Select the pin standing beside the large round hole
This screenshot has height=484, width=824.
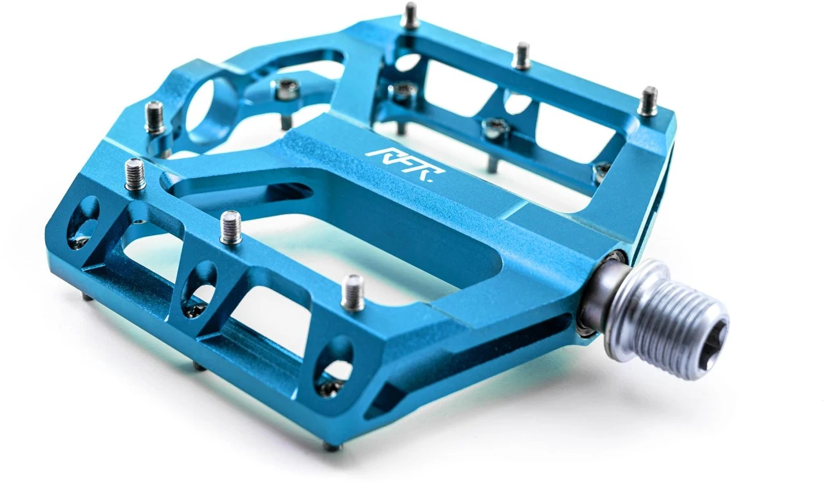(154, 117)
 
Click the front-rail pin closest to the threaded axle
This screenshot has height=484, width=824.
(353, 292)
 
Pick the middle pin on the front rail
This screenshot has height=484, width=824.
(231, 228)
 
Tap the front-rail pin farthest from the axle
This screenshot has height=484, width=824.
(135, 174)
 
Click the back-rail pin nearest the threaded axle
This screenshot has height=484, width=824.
(648, 101)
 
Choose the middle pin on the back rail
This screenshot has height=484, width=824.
(521, 56)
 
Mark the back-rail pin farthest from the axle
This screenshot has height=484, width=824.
(409, 15)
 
